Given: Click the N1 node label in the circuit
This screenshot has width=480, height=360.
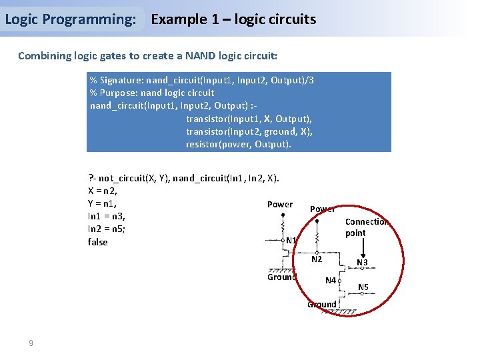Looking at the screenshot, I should coord(291,240).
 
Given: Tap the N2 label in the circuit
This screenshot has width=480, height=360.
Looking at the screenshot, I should coord(317,259).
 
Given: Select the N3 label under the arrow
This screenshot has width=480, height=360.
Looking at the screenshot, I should coord(362,263).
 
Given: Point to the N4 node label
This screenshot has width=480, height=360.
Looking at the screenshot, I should coord(331,281).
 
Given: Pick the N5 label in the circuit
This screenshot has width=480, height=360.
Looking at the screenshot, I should coord(363,287).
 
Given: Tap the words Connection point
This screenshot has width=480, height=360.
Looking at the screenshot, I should coord(366,227).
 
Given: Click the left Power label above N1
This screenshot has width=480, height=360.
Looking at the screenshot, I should coord(280,204).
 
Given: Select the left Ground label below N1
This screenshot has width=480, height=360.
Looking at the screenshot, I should coord(281,277).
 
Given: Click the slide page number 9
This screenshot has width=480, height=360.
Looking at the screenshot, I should coord(31,343).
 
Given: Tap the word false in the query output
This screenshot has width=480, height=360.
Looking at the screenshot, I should coord(97,242).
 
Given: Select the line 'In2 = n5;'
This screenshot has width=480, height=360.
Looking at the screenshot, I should coord(107,229).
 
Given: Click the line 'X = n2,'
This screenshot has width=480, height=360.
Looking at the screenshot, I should coord(103,191).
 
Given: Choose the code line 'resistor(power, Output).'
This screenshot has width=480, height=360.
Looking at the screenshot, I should coord(239,144).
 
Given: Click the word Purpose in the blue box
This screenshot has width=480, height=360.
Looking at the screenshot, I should coord(118,93).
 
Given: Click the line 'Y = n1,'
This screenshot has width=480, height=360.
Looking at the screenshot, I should coord(103,203).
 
